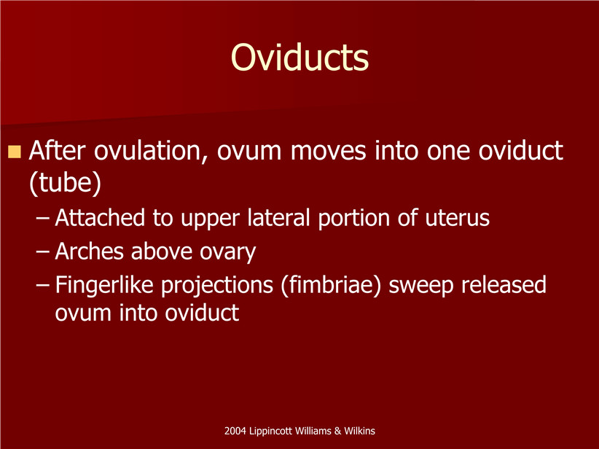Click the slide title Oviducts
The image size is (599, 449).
click(300, 58)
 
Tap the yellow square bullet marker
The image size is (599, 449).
click(14, 152)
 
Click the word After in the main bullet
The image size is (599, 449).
click(57, 150)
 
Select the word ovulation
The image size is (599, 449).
click(151, 151)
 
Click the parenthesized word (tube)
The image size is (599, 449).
click(66, 183)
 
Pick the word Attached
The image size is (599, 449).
click(100, 218)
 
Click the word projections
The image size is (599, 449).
click(217, 286)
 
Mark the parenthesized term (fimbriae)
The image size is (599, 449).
click(332, 286)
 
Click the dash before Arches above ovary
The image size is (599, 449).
click(42, 252)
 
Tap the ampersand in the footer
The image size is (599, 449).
click(337, 431)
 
